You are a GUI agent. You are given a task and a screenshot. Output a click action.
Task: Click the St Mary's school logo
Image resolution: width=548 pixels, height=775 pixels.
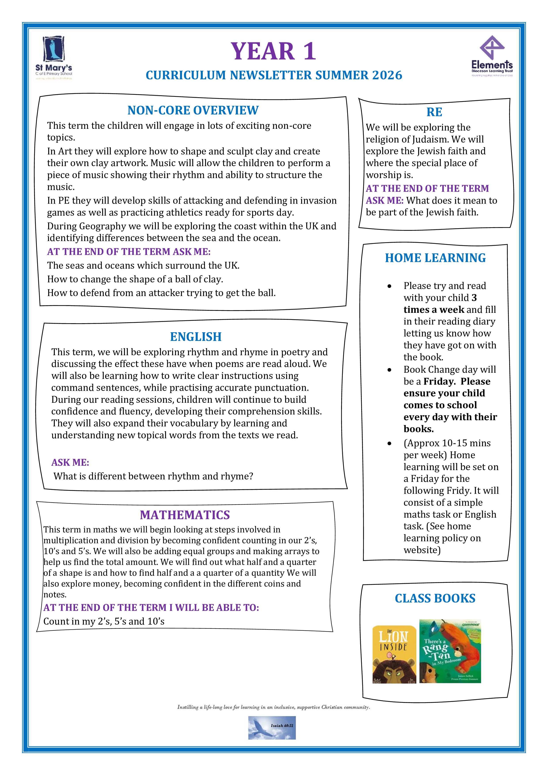coord(54,57)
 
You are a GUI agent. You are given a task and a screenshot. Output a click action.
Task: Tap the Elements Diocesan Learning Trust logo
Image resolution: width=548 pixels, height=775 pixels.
coord(492,56)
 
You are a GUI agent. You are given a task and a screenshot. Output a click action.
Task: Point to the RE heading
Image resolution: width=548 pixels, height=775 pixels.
coord(434,112)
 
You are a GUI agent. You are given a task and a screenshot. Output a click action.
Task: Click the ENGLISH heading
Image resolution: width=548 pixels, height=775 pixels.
coord(196,337)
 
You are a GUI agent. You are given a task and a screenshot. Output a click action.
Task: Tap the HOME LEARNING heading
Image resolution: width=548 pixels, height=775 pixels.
coord(435,258)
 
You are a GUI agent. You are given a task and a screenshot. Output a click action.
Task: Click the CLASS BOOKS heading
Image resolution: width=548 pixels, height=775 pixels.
coord(435,598)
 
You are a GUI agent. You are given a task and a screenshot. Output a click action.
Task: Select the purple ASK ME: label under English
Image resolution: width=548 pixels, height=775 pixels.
coord(70,462)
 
